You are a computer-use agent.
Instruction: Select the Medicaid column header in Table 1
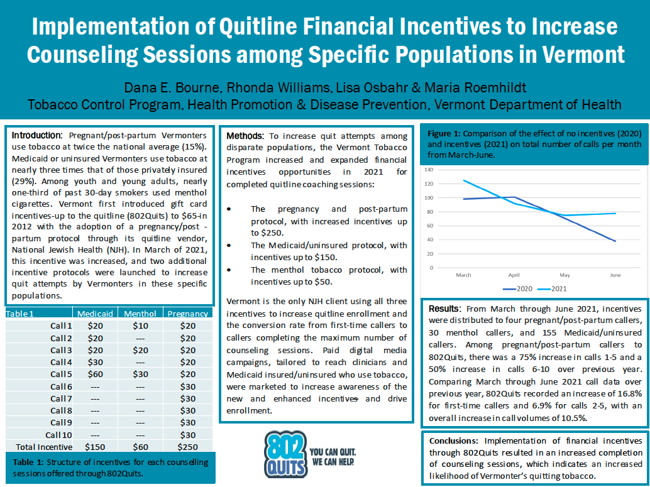coord(95,314)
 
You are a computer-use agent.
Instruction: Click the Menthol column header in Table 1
coord(140,314)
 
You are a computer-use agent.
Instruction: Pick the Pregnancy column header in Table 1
coord(187,314)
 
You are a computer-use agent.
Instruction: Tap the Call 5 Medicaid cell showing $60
coord(95,374)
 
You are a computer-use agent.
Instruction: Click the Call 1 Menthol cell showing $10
coord(140,326)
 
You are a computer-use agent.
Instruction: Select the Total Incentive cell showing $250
coord(187,446)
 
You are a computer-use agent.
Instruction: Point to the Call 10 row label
coord(58,434)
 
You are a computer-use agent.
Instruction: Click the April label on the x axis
coord(514,275)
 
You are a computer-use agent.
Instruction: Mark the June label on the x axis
coord(615,275)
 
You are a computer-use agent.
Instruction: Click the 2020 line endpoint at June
coord(615,241)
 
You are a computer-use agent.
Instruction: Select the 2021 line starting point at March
coord(464,180)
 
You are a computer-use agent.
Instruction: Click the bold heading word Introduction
coord(36,135)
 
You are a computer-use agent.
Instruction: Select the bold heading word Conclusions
coord(455,440)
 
